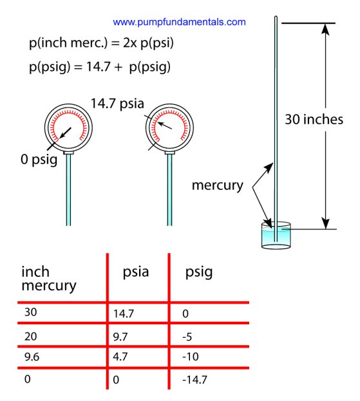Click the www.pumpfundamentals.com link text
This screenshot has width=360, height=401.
pos(179,23)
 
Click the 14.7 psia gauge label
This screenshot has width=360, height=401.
pos(117,104)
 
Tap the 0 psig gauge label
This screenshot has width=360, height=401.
pos(39,160)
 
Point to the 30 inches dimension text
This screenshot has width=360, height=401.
pos(314,120)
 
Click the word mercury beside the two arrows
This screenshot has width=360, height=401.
pos(218,185)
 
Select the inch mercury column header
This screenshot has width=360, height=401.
pos(49,279)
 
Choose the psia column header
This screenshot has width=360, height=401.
pos(136,272)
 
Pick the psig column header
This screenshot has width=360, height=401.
pos(199,272)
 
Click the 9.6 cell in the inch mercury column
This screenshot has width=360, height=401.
pos(32,357)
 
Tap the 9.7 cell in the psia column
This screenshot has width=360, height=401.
pos(120,337)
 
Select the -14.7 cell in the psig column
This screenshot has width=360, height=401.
pos(194,380)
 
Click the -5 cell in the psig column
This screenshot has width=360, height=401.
pos(187,337)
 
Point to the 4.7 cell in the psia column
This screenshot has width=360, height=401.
pos(120,357)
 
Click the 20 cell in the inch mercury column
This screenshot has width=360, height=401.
pos(30,336)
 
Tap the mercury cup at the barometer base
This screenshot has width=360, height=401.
pos(276,236)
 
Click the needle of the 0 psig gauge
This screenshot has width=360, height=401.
pos(65,133)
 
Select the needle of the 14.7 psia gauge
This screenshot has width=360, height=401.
pos(164,126)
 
